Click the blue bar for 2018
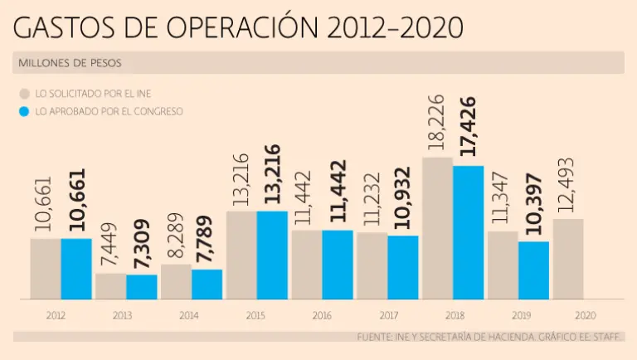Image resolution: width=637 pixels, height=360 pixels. (x=468, y=232)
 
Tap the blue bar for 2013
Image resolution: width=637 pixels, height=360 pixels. (x=142, y=287)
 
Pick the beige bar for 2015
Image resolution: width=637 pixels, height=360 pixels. (x=241, y=255)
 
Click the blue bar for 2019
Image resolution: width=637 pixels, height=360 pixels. (x=533, y=270)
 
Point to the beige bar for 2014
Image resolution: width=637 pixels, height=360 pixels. (x=176, y=282)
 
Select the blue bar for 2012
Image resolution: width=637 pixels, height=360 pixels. (x=76, y=269)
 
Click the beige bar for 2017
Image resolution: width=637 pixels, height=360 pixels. (x=372, y=265)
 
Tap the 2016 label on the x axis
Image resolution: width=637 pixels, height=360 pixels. (x=322, y=316)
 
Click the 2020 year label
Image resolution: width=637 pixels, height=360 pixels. (x=585, y=316)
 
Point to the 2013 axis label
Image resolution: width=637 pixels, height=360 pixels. (x=122, y=316)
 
